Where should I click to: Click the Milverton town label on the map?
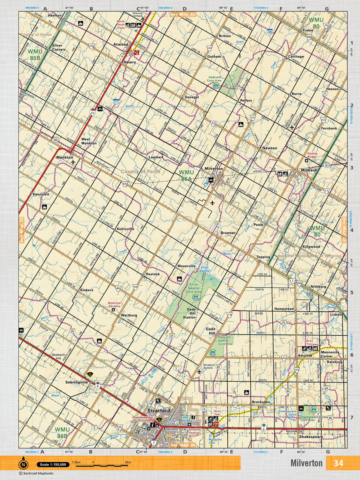pyautogui.click(x=214, y=169)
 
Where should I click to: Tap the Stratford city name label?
pyautogui.click(x=159, y=411)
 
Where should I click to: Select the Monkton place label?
pyautogui.click(x=64, y=157)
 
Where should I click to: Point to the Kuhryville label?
pyautogui.click(x=125, y=229)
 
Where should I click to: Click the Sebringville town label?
pyautogui.click(x=77, y=382)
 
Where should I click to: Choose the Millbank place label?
pyautogui.click(x=309, y=170)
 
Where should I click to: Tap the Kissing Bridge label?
pyautogui.click(x=312, y=155)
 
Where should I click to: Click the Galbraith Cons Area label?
pyautogui.click(x=214, y=79)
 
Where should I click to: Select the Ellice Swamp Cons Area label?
pyautogui.click(x=193, y=288)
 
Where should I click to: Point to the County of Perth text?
pyautogui.click(x=140, y=172)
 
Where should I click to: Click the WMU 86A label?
pyautogui.click(x=186, y=175)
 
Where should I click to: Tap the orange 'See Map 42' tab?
pyautogui.click(x=183, y=14)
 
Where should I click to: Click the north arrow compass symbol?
pyautogui.click(x=23, y=465)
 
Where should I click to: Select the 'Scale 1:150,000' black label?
pyautogui.click(x=53, y=465)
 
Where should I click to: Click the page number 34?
pyautogui.click(x=338, y=463)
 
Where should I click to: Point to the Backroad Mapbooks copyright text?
pyautogui.click(x=36, y=473)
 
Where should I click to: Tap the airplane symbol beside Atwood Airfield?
pyautogui.click(x=143, y=19)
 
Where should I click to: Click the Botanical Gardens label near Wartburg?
pyautogui.click(x=114, y=304)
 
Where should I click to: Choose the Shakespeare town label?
pyautogui.click(x=311, y=437)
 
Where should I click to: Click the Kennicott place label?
pyautogui.click(x=41, y=194)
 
